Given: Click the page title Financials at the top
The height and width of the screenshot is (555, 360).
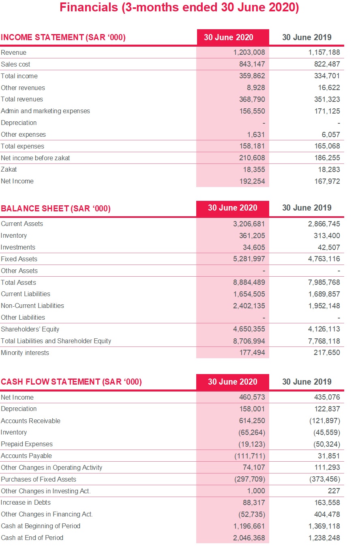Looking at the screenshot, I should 179,8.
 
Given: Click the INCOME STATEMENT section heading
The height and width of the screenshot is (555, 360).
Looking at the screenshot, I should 63,38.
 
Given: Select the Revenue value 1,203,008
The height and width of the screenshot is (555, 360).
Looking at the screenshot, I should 249,52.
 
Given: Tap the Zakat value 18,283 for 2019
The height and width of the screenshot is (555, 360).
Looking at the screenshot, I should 327,170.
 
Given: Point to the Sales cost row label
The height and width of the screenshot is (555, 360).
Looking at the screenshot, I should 15,64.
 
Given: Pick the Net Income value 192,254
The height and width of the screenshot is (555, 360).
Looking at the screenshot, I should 252,181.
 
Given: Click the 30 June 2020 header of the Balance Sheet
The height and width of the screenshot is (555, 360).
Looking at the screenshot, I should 232,208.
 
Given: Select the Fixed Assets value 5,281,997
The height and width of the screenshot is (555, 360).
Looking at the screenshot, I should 249,259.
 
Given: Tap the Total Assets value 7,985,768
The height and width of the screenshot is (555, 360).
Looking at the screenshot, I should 324,282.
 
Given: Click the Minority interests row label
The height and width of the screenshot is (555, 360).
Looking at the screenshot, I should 25,353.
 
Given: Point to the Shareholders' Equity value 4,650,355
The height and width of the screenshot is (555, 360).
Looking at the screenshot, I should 249,329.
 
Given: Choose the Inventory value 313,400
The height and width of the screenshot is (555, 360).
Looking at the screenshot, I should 327,236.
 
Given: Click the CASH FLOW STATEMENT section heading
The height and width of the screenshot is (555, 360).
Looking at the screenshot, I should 71,382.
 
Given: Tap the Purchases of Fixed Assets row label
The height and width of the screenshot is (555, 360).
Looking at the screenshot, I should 39,479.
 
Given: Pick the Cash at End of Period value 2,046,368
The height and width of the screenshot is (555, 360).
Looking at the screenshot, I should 249,538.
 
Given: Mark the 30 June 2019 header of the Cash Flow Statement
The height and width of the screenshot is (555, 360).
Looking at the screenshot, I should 306,382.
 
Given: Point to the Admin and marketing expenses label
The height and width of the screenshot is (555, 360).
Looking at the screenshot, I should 45,111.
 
